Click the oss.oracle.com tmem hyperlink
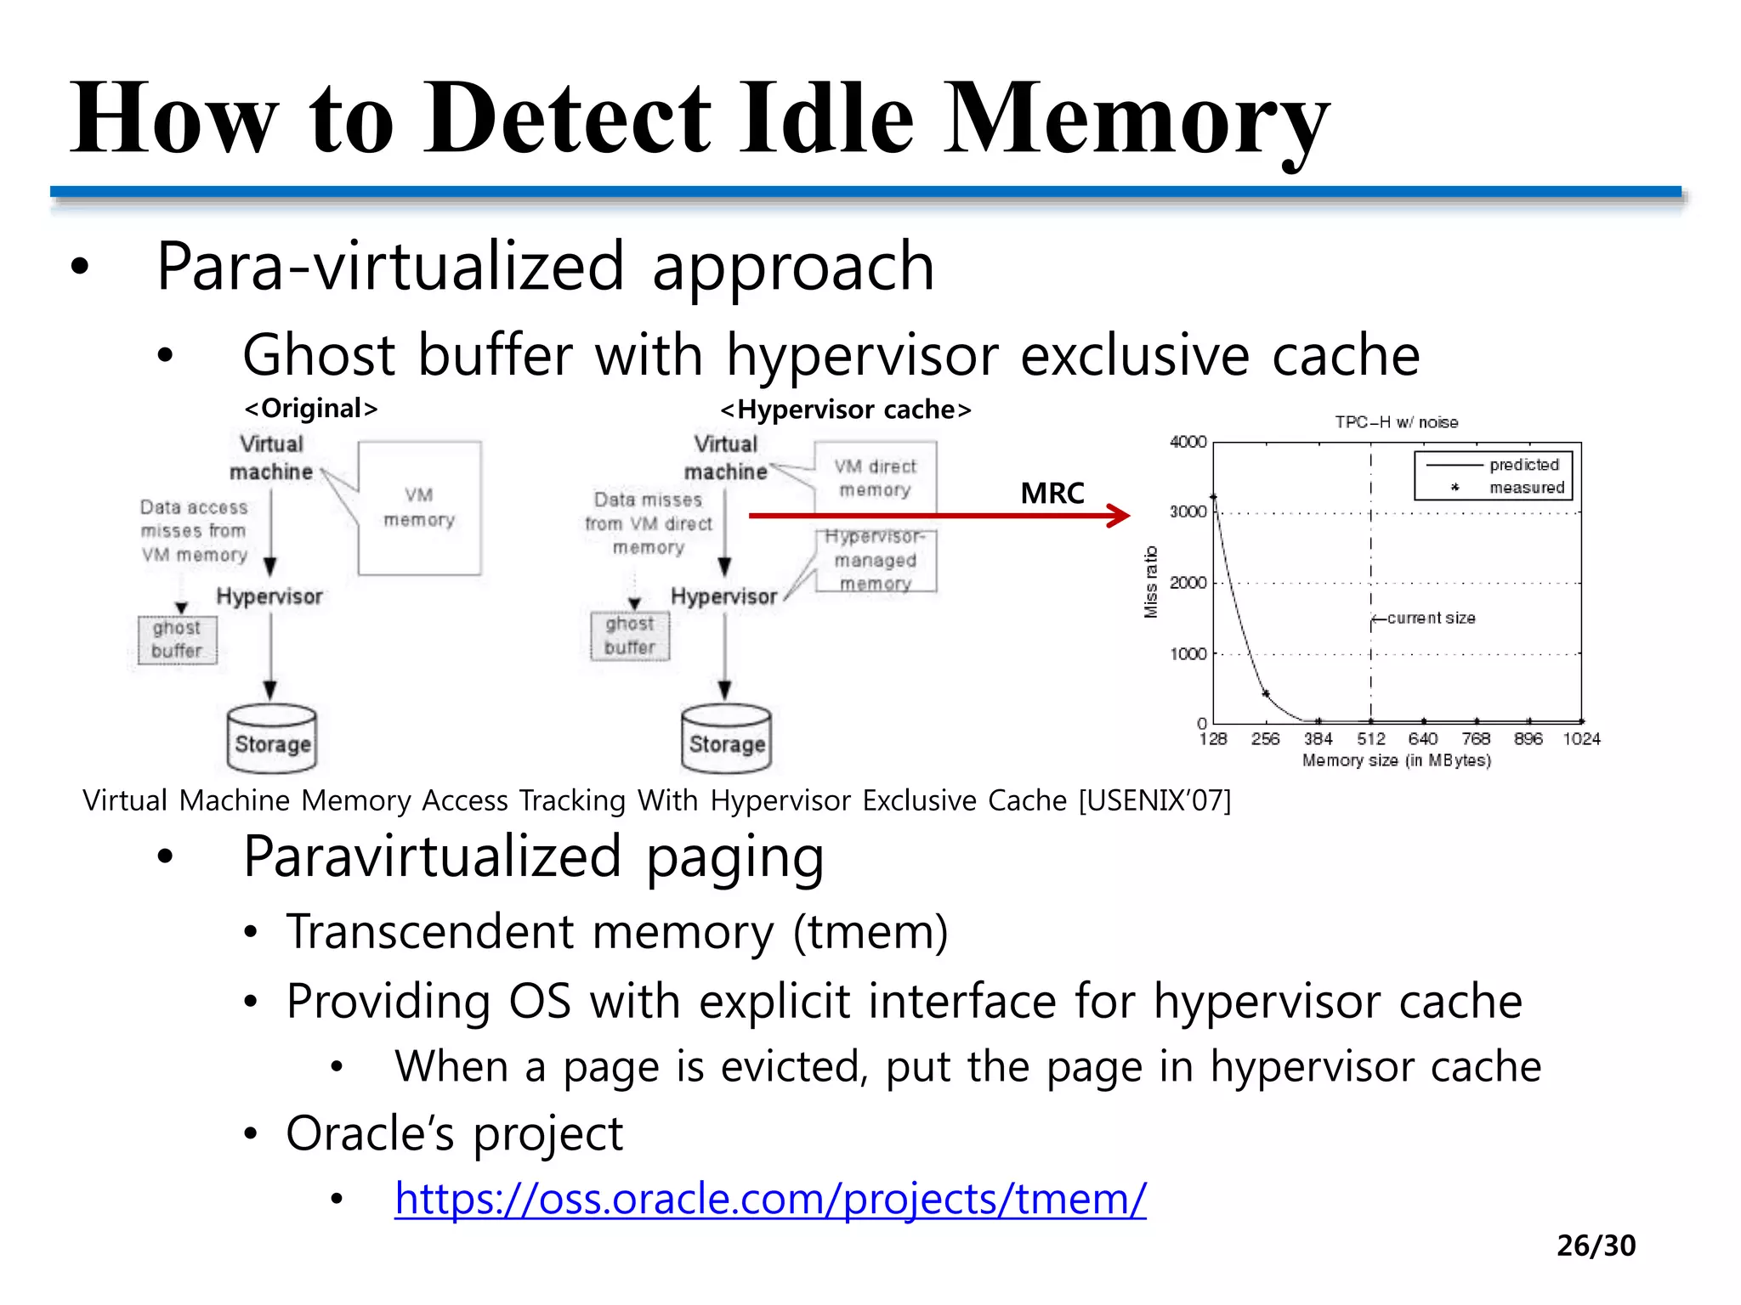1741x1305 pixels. coord(769,1199)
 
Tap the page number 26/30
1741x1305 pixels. coord(1596,1246)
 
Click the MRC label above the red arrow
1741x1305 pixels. coord(1052,493)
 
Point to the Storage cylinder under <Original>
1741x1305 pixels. coord(272,738)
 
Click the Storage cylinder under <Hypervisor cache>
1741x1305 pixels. coord(726,738)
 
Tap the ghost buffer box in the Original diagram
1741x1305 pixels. coord(178,640)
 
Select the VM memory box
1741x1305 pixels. coord(419,508)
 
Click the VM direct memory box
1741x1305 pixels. coord(875,477)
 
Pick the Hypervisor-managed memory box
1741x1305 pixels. coord(876,560)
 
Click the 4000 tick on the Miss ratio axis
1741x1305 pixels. coord(1188,442)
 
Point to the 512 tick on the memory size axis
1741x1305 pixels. coord(1370,739)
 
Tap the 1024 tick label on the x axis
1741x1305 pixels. coord(1581,739)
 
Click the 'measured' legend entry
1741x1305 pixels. coord(1526,488)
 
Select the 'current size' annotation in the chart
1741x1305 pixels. coord(1431,618)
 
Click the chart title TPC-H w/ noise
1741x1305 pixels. coord(1396,422)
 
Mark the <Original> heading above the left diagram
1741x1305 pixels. coord(311,409)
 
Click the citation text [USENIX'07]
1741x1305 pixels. coord(1154,800)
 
